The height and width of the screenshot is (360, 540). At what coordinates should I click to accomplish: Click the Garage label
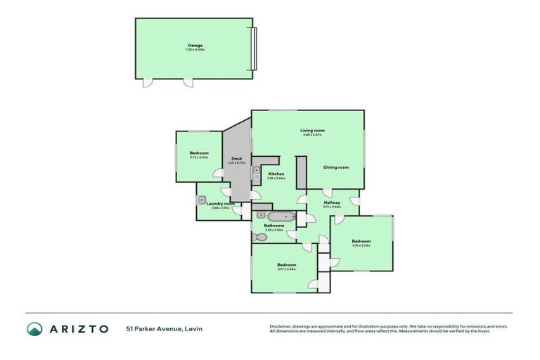coord(194,46)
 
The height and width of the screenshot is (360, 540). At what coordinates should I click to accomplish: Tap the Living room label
coord(312,130)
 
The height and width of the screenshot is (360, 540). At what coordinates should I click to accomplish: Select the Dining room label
coord(336,167)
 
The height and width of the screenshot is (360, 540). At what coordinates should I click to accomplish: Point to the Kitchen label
coord(275,174)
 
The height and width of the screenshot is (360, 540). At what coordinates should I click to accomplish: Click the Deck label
coord(237,159)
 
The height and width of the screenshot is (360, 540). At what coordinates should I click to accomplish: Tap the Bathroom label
coord(274,225)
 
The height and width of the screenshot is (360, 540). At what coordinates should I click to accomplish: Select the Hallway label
coord(332,202)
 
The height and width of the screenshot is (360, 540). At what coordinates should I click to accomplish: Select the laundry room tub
coord(201,200)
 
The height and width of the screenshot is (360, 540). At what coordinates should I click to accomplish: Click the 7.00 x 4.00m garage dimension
coord(194,50)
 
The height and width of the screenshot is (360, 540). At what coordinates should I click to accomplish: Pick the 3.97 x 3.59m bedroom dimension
coord(286,269)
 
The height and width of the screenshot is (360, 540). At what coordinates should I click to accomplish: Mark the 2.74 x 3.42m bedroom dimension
coord(199,157)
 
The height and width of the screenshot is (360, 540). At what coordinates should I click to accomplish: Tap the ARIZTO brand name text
coord(79,328)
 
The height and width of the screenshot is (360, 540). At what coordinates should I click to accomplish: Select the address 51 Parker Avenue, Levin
coord(160,328)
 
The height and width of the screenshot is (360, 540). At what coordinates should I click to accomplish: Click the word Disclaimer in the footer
coord(281,326)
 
